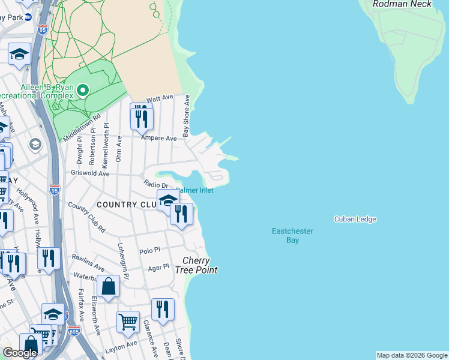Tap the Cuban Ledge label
point(355,219)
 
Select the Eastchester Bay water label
point(292,235)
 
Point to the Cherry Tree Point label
point(196,265)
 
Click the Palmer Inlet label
point(195,190)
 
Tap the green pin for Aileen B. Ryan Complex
point(82,91)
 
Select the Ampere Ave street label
point(158,138)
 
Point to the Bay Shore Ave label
point(187,115)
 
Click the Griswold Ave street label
point(91,174)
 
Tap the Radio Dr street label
point(155,184)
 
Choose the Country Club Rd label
point(86,217)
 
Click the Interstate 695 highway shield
point(66,331)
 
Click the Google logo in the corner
point(20,353)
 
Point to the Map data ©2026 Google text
point(411,355)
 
